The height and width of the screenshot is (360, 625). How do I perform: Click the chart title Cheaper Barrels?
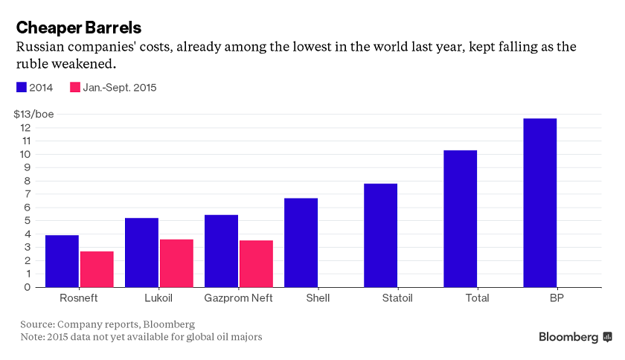coord(79,27)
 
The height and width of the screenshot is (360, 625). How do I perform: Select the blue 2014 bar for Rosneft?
coord(62,261)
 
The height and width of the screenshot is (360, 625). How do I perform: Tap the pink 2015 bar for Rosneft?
coord(97,269)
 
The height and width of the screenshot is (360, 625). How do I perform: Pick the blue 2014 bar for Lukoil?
coord(141,252)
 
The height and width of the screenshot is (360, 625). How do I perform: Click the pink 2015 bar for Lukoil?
coord(176,263)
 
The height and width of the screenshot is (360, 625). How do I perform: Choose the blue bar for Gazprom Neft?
coord(221,251)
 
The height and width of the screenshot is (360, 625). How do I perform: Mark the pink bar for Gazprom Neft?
coord(256,264)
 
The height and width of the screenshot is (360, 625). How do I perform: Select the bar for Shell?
coord(301,242)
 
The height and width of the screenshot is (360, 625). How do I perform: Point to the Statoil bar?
coord(380,235)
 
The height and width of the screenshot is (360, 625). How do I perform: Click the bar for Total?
coord(460,219)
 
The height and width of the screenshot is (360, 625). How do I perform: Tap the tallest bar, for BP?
coord(539,202)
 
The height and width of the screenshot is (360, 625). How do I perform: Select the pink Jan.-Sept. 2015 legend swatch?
coord(74,87)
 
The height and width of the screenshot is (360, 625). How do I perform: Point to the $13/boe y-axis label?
coord(33,114)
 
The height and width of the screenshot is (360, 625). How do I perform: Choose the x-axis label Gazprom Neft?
coord(238,298)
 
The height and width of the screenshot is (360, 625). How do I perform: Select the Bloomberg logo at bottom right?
coord(574,337)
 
